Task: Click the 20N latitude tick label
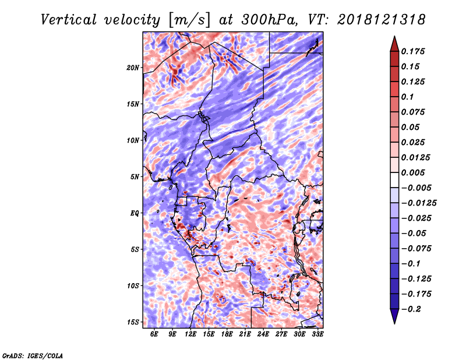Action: coord(133,68)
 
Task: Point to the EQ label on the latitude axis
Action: coord(135,213)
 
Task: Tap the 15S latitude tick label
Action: coord(133,322)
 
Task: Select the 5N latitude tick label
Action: coord(135,177)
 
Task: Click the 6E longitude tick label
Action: coord(154,334)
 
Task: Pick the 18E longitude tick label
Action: coord(227,334)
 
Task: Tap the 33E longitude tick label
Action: coord(317,334)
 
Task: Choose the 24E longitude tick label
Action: coord(263,334)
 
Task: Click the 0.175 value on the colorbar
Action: coord(413,51)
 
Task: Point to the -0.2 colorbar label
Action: coord(412,309)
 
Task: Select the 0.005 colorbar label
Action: coord(413,172)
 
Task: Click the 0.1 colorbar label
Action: coord(407,97)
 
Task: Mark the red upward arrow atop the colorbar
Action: coord(394,44)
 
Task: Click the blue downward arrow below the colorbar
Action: coord(394,316)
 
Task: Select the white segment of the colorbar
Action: coord(394,180)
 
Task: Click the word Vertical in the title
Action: coord(69,20)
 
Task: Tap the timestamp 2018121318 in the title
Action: coord(382,20)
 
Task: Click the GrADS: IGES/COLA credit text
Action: coord(33,356)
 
